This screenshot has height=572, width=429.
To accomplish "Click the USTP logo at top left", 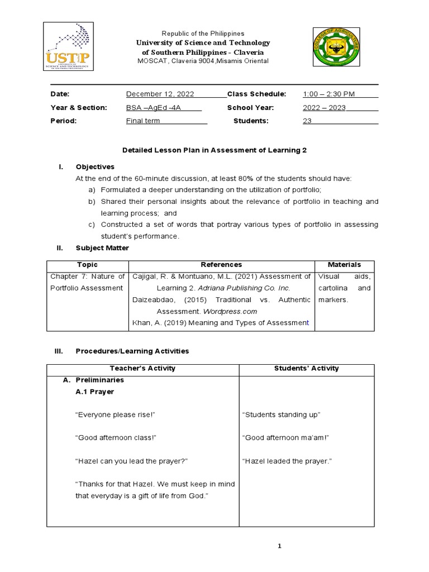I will (75, 47).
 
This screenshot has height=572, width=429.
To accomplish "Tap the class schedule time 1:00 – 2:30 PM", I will (329, 94).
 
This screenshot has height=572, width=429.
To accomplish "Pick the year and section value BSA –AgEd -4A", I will (156, 107).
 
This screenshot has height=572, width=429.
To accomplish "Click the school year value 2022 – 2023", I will (325, 107).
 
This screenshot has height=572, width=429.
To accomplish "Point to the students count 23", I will (307, 121).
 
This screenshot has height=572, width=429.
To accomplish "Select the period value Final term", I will (146, 121).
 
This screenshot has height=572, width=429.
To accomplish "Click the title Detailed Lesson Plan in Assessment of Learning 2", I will (214, 150).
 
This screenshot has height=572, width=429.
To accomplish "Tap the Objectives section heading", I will (95, 166).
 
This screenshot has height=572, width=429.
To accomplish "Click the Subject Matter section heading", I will (102, 248).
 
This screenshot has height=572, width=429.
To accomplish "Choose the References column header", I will (221, 265).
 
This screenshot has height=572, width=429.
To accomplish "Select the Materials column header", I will (344, 265).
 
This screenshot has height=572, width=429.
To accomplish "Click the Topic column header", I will (87, 265).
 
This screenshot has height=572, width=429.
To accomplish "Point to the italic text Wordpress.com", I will (230, 311).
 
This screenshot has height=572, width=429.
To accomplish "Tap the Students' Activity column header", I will (307, 368).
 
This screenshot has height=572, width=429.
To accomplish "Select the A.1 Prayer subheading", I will (94, 392).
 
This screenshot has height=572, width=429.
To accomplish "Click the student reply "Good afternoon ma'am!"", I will (286, 438).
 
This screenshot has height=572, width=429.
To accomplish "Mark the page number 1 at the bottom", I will (280, 546).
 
